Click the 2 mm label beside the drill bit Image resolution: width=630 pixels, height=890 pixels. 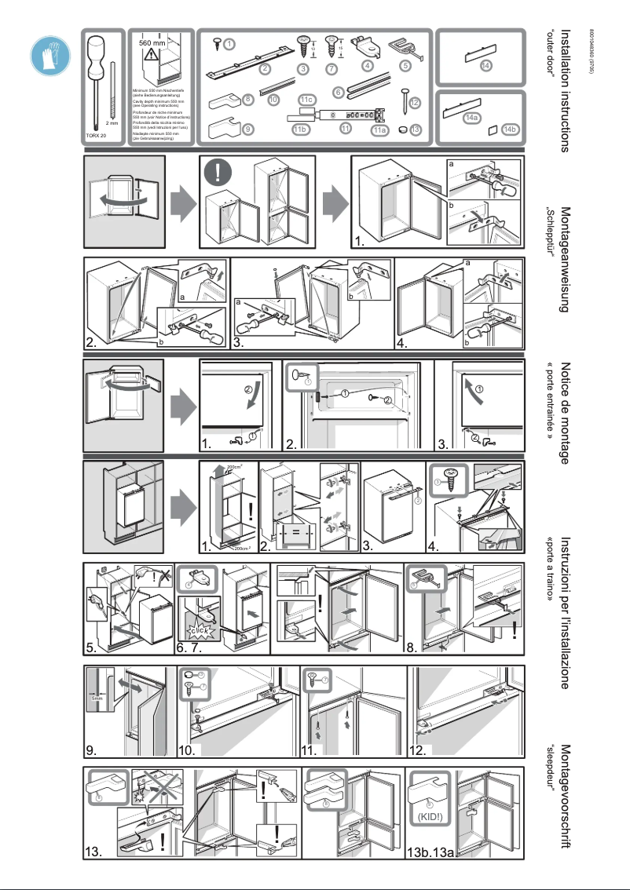click(x=112, y=123)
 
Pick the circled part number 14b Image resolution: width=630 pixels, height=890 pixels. click(x=509, y=129)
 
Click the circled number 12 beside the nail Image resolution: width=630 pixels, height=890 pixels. click(x=415, y=102)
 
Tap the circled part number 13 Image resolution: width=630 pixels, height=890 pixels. click(x=416, y=129)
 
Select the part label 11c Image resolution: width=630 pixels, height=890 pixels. click(x=306, y=100)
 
